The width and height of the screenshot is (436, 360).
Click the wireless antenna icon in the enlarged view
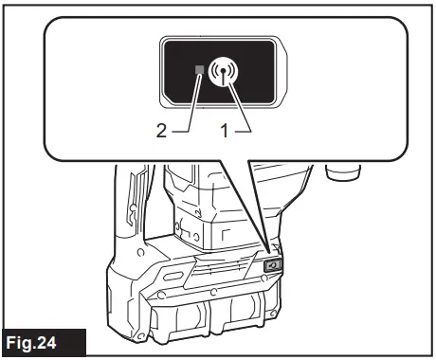[x=226, y=72]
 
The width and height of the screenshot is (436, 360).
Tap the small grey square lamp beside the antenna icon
[x=198, y=70]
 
